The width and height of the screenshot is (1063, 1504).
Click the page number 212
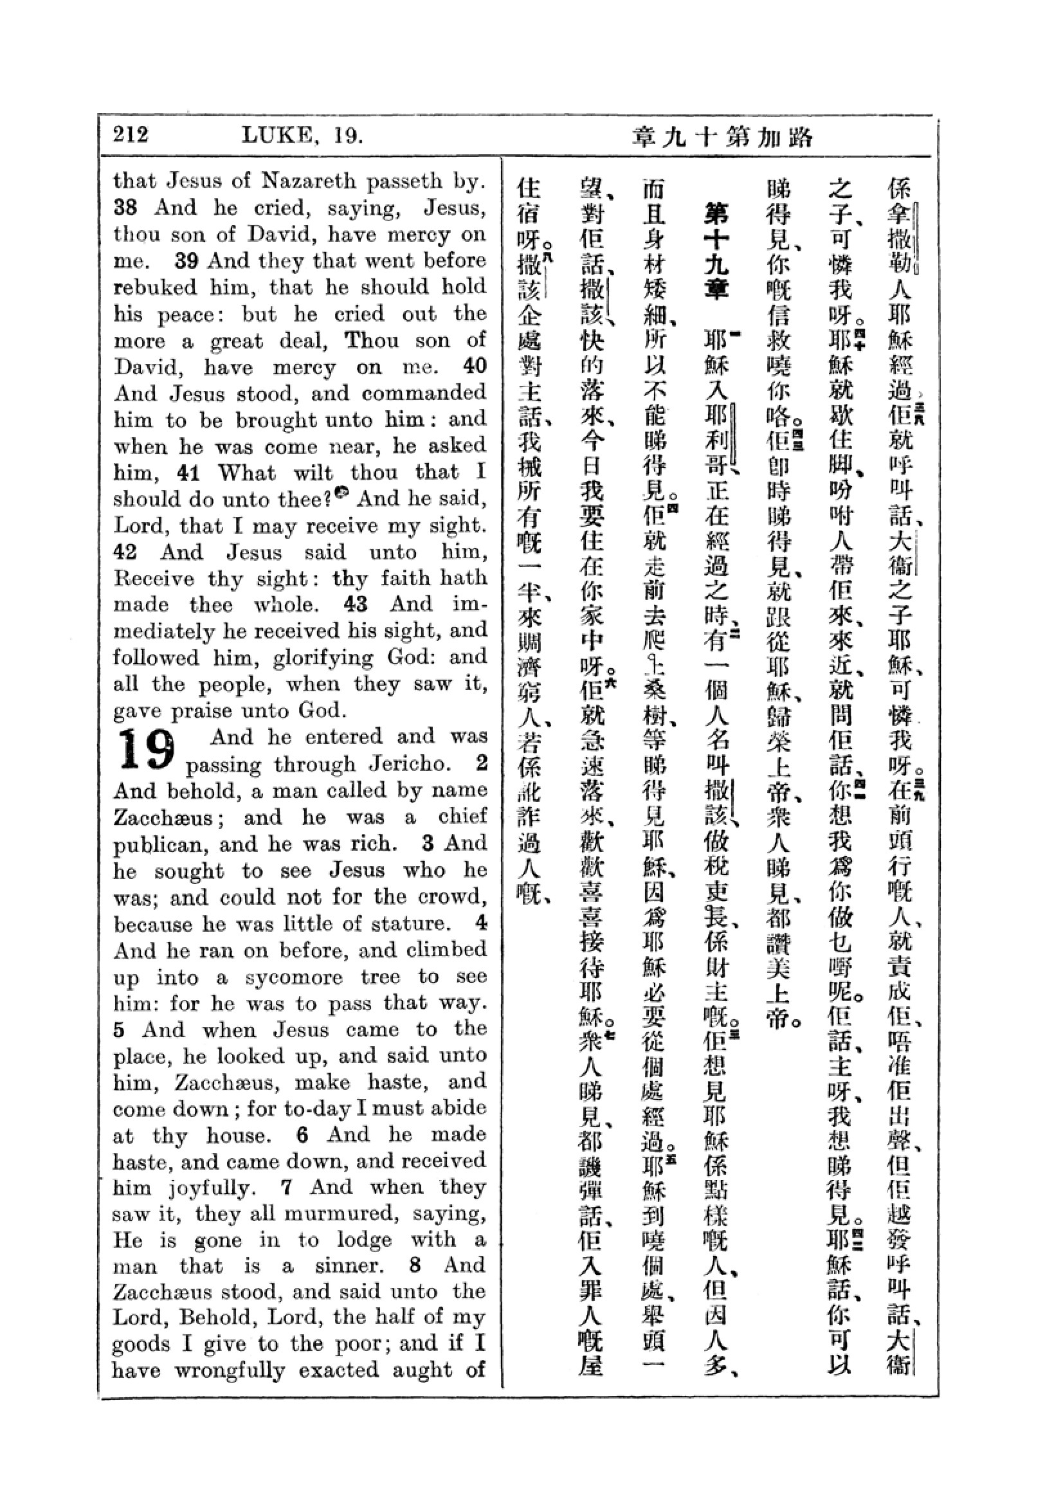pyautogui.click(x=131, y=135)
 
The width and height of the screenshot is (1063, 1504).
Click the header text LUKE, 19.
pyautogui.click(x=302, y=136)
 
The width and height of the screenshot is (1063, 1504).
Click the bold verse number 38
pyautogui.click(x=126, y=208)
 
